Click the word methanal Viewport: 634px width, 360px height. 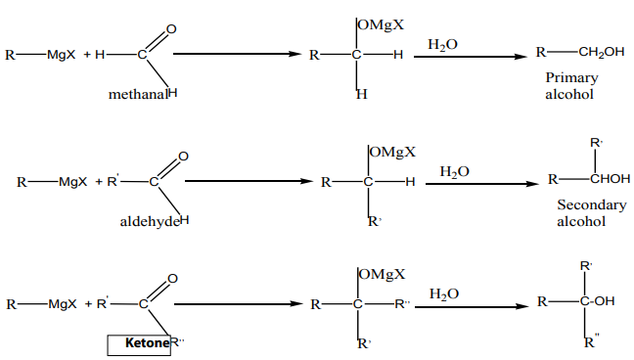(138, 94)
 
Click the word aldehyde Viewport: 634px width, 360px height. (150, 221)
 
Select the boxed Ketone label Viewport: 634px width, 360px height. (139, 345)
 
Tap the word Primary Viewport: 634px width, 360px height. (571, 78)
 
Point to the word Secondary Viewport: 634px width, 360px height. (592, 204)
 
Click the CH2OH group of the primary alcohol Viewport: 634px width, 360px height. (602, 52)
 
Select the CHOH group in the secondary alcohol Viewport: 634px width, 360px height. (611, 178)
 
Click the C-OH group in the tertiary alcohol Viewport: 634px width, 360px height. (597, 301)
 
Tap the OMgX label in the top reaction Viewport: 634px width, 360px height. (381, 25)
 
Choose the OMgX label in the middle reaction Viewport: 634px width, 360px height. (392, 152)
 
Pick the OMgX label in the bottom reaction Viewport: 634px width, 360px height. (383, 274)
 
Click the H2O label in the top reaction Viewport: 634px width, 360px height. (443, 44)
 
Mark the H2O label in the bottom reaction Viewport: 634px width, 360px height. (444, 294)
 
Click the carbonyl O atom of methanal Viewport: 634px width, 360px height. (171, 29)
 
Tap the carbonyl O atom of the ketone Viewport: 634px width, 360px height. (172, 279)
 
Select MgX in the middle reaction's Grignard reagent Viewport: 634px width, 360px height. (72, 182)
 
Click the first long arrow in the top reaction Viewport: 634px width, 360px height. (238, 54)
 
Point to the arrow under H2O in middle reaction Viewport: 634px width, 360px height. (482, 184)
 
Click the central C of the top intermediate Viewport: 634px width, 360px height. (356, 55)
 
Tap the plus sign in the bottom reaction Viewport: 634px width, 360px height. (89, 304)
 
